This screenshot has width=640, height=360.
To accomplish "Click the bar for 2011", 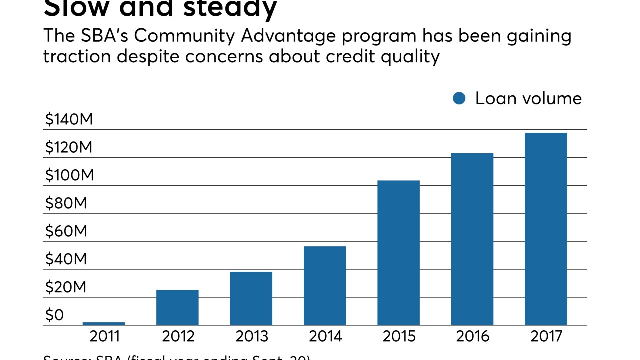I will pos(104,324).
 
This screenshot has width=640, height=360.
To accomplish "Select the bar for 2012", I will pos(177,307).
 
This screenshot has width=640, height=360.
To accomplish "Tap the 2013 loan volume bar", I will pos(251,298).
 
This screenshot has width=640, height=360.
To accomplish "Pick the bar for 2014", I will pos(325,285).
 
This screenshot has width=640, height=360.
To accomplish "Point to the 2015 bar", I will pos(398,253).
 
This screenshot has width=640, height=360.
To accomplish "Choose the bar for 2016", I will pos(472,239).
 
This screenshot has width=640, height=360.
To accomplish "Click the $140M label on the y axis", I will pos(69,120).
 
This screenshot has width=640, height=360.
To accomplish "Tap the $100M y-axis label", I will pos(69,176).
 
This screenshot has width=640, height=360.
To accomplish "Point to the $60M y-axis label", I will pos(66,232).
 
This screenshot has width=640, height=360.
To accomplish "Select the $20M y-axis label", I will pos(66,288).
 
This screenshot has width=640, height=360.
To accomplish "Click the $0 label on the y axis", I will pos(54,316).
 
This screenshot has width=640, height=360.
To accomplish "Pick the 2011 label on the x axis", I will pos(104,336).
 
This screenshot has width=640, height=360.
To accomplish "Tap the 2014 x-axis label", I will pos(325,336).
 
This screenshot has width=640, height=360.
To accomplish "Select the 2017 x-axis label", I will pos(546,336).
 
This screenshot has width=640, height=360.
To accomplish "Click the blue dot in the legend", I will pos(459,98).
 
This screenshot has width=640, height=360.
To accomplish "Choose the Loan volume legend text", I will pos(528,98).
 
